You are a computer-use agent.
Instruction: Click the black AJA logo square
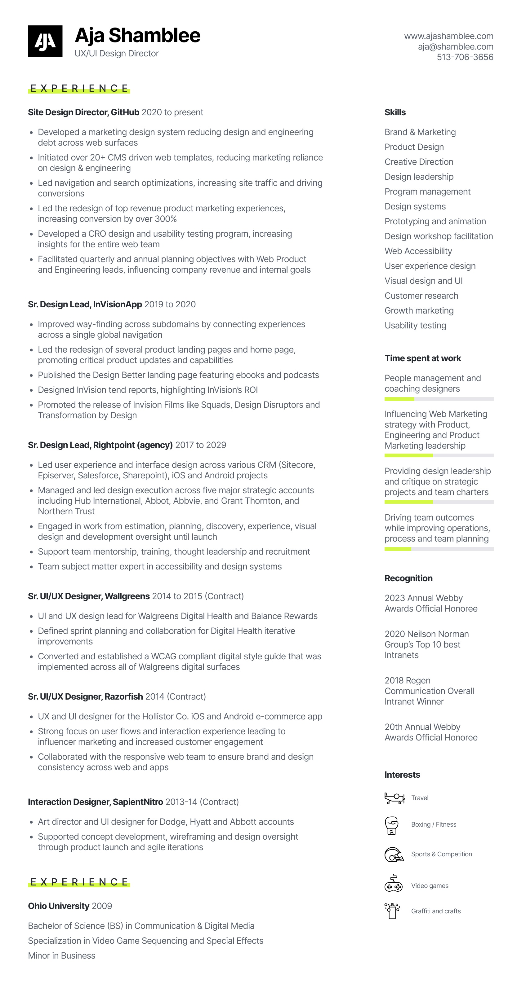point(45,41)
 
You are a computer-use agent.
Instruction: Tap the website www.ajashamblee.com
point(448,36)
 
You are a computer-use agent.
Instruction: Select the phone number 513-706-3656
point(465,57)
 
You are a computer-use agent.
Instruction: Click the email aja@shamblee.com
point(455,46)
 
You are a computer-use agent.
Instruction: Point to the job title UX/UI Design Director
point(117,54)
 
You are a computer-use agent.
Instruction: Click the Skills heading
point(395,112)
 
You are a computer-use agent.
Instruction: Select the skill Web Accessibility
point(418,251)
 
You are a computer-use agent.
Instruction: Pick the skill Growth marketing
point(419,310)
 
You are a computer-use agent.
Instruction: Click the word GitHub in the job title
point(125,112)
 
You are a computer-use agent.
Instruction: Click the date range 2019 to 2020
point(170,305)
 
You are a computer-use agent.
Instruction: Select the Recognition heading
point(408,578)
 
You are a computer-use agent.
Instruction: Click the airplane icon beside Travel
point(394,798)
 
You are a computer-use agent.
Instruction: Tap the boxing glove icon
point(392,825)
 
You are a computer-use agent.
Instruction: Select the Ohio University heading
point(59,906)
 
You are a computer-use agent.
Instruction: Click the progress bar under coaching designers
point(439,399)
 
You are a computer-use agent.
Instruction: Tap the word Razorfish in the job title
point(124,697)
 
